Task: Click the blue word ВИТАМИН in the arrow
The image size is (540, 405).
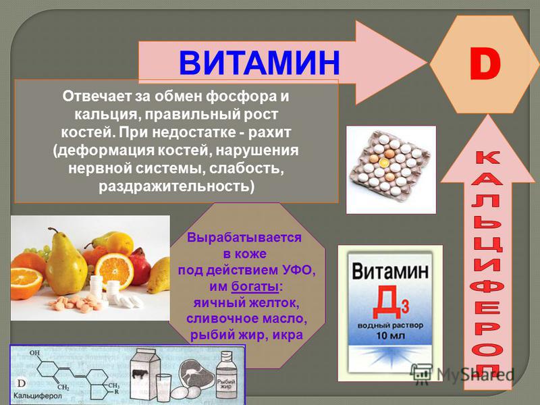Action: click(259, 62)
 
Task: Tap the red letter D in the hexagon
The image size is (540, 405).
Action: click(485, 64)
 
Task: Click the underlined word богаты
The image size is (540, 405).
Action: click(255, 286)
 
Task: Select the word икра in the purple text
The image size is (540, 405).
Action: click(288, 335)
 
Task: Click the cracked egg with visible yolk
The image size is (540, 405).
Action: click(383, 161)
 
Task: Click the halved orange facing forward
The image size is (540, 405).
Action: click(114, 271)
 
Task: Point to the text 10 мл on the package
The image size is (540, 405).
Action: click(391, 335)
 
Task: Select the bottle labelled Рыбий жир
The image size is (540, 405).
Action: click(226, 375)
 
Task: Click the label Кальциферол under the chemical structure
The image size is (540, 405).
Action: click(32, 396)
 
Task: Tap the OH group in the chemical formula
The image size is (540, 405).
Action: click(35, 352)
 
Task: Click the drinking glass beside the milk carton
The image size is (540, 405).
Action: click(163, 387)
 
